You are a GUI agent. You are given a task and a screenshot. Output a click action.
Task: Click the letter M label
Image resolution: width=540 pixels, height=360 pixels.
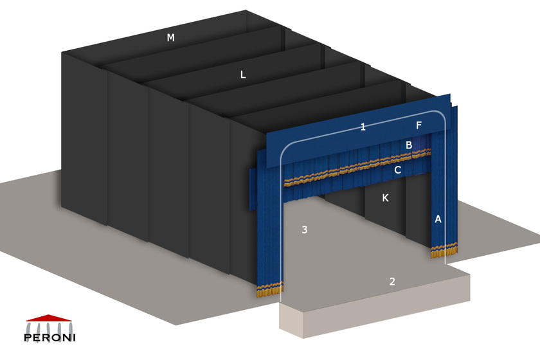click(x=170, y=38)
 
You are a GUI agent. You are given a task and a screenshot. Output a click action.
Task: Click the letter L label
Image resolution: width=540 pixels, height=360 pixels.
click(x=243, y=75)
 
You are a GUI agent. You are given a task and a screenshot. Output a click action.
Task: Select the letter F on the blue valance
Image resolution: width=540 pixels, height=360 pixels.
click(x=419, y=125)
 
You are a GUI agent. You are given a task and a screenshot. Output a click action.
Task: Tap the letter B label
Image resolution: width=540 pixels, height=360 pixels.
click(x=409, y=145)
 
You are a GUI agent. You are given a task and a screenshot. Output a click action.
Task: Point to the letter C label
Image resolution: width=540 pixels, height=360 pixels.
click(x=398, y=170)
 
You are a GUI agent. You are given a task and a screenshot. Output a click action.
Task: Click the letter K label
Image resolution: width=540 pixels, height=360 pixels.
click(x=385, y=198)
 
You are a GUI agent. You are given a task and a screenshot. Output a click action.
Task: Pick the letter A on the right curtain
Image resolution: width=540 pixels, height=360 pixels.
click(x=438, y=219)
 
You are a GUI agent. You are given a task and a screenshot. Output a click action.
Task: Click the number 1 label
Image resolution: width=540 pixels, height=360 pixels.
click(x=363, y=127)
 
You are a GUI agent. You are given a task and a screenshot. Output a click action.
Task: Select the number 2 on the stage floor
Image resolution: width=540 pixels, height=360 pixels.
click(x=392, y=281)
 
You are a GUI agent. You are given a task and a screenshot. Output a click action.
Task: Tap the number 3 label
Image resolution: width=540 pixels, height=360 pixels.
click(x=305, y=230)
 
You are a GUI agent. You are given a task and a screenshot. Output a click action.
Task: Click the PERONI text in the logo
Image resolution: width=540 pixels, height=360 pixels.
click(x=50, y=337)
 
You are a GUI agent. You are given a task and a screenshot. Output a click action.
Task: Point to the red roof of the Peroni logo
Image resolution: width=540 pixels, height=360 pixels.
click(x=50, y=318)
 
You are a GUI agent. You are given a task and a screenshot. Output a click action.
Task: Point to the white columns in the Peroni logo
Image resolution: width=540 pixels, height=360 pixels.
click(x=50, y=325)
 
